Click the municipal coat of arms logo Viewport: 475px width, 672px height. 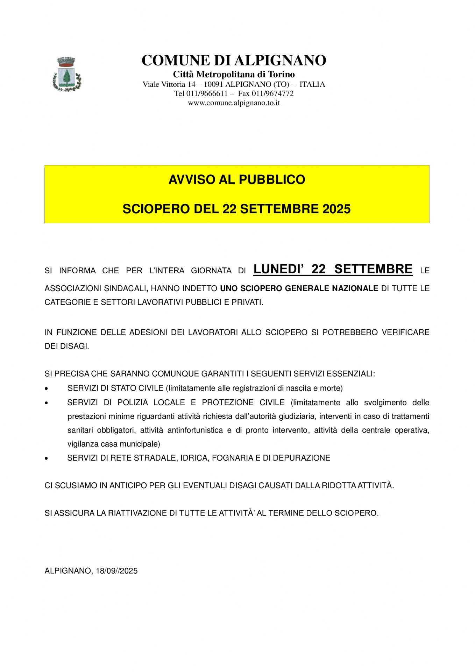pos(67,75)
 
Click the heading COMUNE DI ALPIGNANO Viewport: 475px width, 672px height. pos(234,60)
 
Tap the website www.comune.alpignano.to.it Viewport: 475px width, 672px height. pos(234,103)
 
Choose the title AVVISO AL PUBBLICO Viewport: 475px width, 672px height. pos(237,180)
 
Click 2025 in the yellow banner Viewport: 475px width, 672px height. pos(336,209)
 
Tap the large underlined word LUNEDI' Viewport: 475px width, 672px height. pos(278,269)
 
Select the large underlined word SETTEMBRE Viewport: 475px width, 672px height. pos(373,269)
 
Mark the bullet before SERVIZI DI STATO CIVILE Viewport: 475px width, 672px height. pos(47,388)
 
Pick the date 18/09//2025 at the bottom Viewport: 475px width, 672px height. pos(116,571)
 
